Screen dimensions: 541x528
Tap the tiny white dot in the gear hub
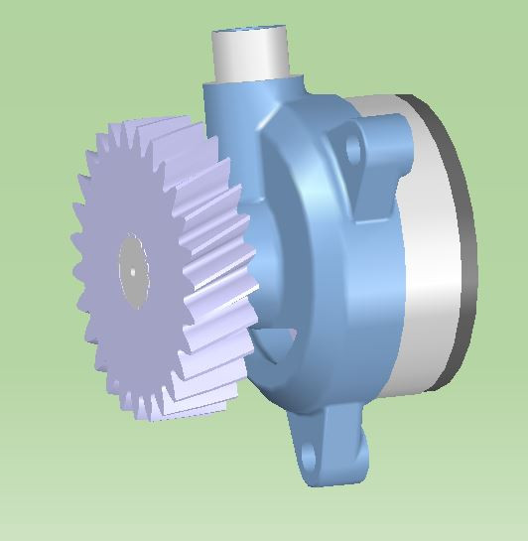coord(132,269)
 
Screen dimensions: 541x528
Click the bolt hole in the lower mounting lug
coord(309,456)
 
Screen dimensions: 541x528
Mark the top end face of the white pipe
coord(249,35)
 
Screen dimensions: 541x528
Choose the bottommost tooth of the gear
coord(154,415)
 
